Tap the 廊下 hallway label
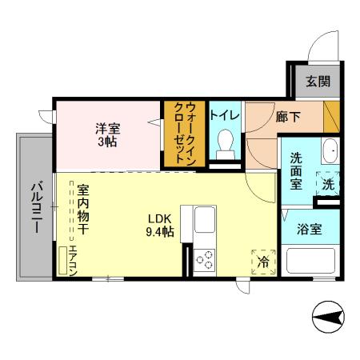coord(288,117)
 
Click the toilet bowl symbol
coord(226,144)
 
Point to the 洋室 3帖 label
coord(107,134)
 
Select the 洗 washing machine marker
coord(328,184)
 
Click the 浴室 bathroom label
coord(310,230)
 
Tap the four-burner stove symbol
coord(205,258)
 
